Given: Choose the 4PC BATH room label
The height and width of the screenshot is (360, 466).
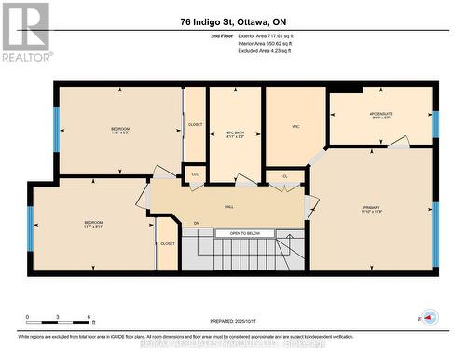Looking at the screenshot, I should tap(235, 132).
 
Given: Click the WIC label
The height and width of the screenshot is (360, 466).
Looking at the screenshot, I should tap(295, 126).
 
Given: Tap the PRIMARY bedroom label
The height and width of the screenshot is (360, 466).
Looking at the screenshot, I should tap(373, 208).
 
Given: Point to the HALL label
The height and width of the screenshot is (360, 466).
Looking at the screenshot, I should tap(228, 207).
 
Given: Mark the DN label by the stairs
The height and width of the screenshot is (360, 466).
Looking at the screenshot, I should tap(196, 224).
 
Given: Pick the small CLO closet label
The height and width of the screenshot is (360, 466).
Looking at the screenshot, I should tap(195, 173).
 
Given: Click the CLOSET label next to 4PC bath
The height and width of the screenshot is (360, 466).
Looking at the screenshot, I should tap(195, 123).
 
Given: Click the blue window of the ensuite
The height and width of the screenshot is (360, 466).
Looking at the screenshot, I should tap(434, 124).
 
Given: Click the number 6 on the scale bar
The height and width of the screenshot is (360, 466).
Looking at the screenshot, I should tap(88, 318).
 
